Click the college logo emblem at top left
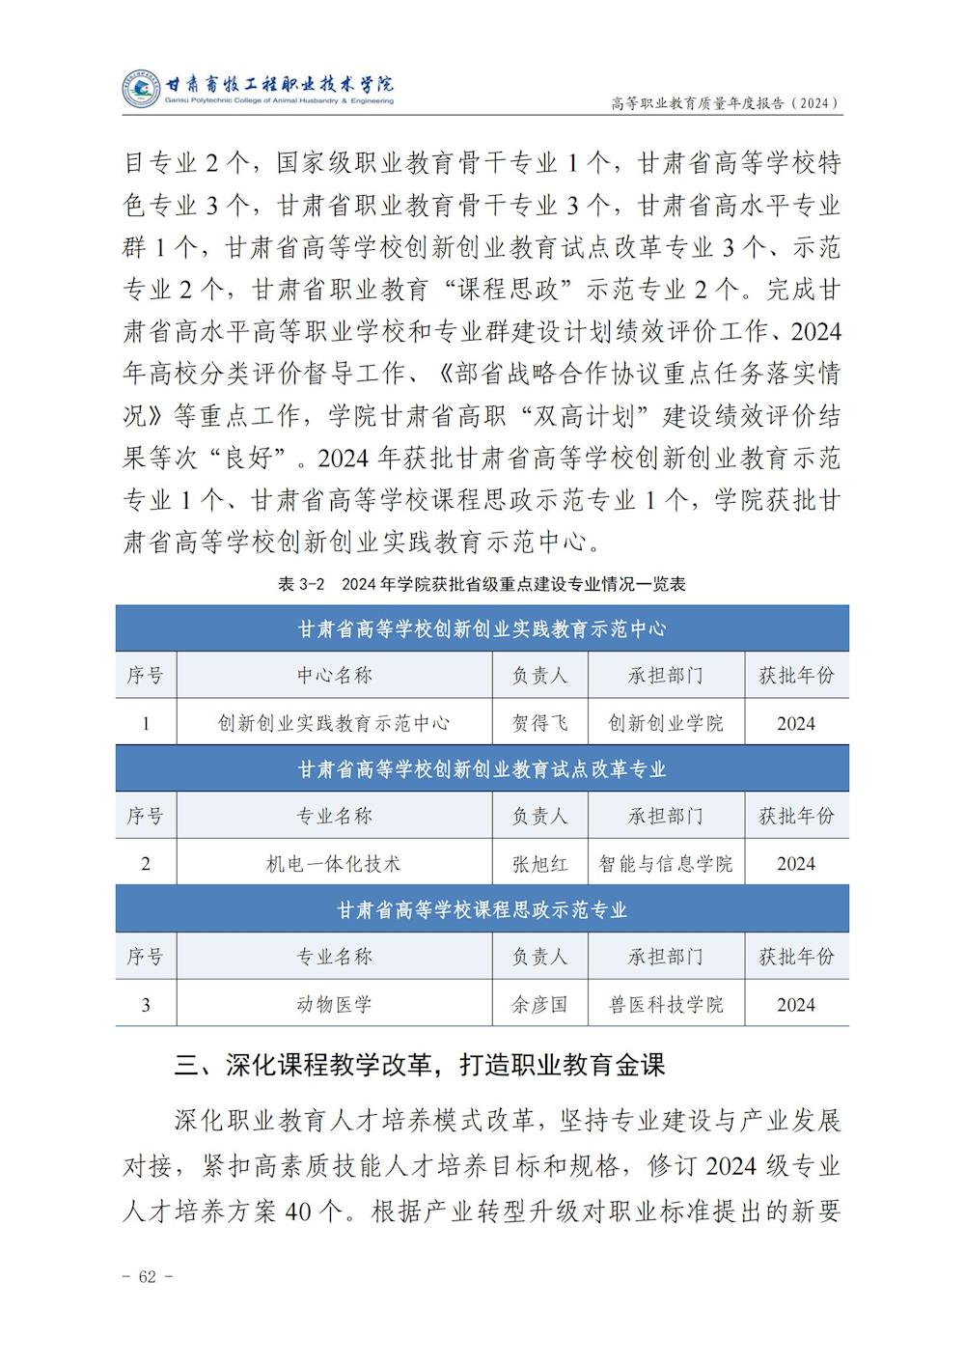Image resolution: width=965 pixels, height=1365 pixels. point(141,90)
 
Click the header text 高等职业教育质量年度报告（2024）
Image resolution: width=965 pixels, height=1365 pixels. point(726,102)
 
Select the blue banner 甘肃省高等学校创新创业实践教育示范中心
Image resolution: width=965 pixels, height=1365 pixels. point(482,628)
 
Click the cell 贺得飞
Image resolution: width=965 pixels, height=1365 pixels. point(539,723)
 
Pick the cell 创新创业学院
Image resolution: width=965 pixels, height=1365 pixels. point(666,723)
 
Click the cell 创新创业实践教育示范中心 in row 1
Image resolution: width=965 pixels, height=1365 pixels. point(334,723)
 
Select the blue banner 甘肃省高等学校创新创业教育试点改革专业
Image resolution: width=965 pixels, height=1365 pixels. point(482,769)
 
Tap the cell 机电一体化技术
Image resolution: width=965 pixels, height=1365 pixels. point(334,864)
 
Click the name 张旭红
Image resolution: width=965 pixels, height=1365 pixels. point(539,864)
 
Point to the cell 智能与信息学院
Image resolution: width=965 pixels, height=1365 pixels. point(666,864)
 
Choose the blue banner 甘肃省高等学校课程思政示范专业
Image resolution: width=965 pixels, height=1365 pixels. point(482,910)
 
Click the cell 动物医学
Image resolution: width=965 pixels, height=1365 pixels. point(334,1004)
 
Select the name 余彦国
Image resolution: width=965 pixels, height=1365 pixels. point(539,1004)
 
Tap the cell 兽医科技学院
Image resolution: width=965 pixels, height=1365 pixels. point(666,1004)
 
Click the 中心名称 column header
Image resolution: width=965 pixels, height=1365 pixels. point(334,676)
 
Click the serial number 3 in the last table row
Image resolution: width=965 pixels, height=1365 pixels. point(146,1005)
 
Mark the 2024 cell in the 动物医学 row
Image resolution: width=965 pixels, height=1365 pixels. point(796,1005)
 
